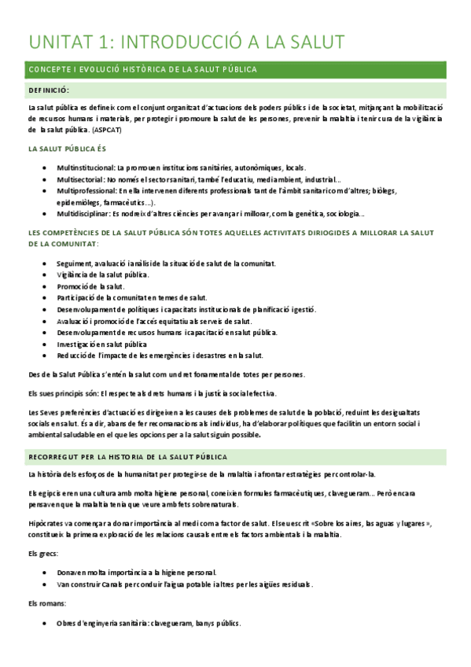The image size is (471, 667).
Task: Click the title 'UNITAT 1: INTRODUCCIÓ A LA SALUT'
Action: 186,41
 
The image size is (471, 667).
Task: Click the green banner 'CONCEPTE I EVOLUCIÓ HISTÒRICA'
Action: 142,69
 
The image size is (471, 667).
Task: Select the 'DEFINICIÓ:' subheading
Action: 49,90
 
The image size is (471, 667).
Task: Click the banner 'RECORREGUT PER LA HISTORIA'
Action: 128,457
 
